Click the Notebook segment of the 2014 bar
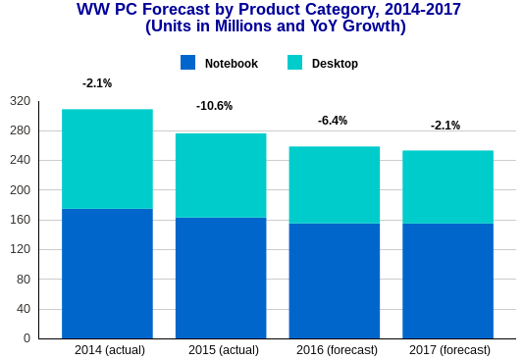[x=107, y=274]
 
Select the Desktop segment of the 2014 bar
[x=107, y=159]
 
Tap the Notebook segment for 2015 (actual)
[x=221, y=278]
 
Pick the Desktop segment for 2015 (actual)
[x=221, y=176]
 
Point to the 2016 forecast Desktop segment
[x=334, y=184]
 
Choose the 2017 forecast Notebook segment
[x=447, y=281]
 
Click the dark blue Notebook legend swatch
[x=188, y=63]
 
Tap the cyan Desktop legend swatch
[x=294, y=63]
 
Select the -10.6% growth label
[x=214, y=106]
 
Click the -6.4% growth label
[x=333, y=121]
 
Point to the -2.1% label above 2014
[x=97, y=83]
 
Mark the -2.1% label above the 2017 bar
[x=445, y=126]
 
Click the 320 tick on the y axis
[x=20, y=101]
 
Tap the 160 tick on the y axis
[x=20, y=220]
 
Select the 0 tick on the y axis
[x=26, y=338]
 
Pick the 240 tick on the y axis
[x=20, y=160]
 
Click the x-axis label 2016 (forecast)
[x=337, y=350]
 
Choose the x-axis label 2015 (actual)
[x=224, y=350]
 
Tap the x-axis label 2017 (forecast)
[x=449, y=350]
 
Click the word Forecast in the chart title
[x=171, y=10]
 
